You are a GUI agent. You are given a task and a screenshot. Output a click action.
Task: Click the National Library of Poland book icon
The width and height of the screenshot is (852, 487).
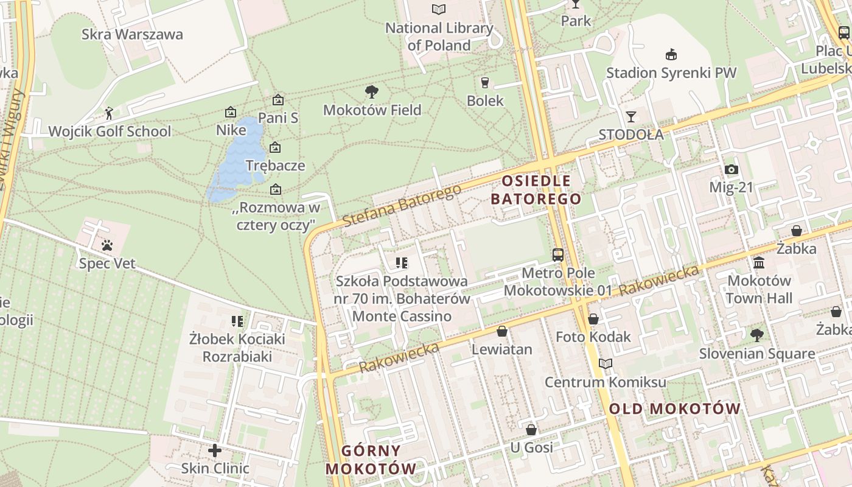pos(438,9)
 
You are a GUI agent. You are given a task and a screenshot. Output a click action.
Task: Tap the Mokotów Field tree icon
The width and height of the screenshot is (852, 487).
pos(372,92)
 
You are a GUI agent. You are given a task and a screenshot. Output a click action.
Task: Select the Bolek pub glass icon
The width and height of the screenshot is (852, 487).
pos(485,82)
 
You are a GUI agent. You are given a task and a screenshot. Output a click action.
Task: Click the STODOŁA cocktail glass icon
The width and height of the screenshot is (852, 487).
pos(631,116)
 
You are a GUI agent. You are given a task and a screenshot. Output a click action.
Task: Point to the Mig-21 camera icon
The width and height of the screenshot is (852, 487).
pos(732,170)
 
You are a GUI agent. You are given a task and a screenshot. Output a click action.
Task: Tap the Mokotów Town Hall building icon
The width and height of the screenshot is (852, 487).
pos(759,263)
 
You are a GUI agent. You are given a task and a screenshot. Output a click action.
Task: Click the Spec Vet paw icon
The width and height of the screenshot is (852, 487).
pos(107,245)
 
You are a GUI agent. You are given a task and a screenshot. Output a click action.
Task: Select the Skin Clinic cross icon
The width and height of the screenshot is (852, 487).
pos(215,450)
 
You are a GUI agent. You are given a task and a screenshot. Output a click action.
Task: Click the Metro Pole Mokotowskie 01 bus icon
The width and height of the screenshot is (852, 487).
pos(557,254)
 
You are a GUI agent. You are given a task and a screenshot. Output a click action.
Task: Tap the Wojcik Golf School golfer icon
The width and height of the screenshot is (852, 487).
pos(109,113)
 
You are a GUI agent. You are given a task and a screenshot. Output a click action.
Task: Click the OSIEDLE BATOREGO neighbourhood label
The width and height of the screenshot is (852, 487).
pos(536,190)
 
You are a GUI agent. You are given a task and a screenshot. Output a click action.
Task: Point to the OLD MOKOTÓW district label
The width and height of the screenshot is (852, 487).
pos(675,408)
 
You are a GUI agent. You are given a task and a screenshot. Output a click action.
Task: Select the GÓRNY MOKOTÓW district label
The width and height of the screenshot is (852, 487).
pos(371,460)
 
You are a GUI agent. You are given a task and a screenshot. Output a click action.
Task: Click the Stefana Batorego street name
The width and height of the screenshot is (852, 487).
pos(402,206)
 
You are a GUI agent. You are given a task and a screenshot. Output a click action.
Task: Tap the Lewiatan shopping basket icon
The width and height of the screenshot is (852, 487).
pos(502,331)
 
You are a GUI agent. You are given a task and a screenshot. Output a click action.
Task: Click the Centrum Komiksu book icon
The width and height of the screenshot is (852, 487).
pos(605,364)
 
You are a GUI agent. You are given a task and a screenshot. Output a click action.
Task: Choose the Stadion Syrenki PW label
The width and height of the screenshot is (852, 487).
pos(671,73)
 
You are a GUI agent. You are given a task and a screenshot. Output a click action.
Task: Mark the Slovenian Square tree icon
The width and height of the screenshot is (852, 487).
pos(756,335)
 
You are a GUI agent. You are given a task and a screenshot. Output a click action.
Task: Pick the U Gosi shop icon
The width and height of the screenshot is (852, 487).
pos(531,430)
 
